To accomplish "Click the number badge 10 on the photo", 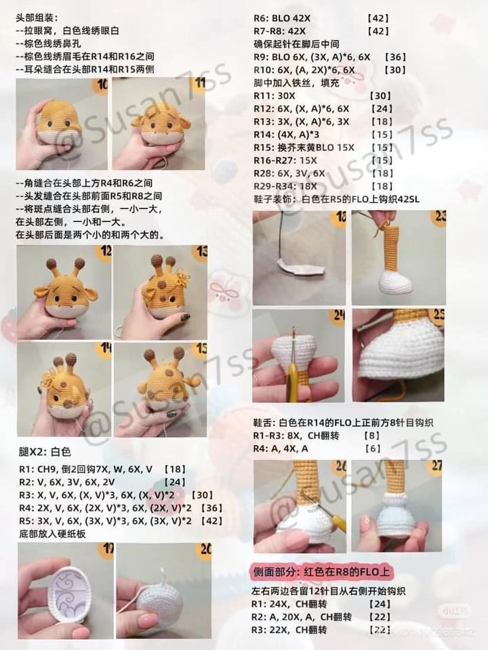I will pos(102,85).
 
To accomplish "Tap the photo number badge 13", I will pos(199,253).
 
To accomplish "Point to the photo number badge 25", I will pos(438,316).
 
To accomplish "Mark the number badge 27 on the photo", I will pos(437,467).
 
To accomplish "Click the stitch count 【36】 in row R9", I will pos(395,57).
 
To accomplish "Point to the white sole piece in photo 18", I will pos(296,269).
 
